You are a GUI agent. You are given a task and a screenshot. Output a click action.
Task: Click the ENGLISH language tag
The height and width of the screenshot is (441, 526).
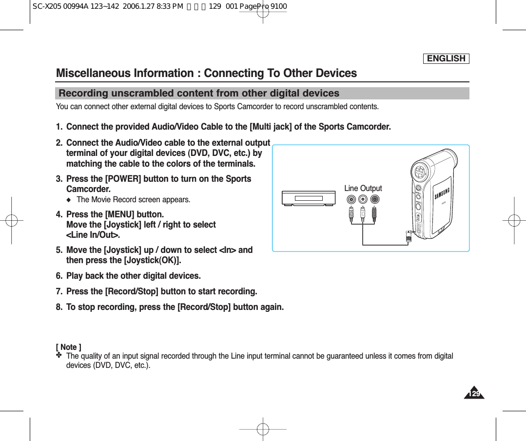point(446,58)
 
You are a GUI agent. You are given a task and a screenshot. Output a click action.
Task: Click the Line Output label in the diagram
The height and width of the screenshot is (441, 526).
point(363,188)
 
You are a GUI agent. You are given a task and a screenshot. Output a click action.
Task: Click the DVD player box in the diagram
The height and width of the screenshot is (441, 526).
point(309,198)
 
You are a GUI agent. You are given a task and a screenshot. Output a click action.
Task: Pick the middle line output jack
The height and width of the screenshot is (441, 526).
point(363,199)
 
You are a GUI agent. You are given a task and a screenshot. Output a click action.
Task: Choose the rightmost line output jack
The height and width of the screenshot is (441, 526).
point(374,199)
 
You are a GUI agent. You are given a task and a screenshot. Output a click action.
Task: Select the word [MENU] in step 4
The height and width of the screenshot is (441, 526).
point(119,214)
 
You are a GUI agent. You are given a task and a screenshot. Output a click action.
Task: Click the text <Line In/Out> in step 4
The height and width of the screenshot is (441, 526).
point(93,235)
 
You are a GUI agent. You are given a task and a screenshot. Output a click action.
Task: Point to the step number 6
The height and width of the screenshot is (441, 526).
point(59,276)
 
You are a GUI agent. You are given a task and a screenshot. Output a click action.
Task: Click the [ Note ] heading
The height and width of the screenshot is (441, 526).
point(69,347)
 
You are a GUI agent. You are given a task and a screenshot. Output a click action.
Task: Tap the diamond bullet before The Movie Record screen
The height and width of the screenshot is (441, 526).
point(68,200)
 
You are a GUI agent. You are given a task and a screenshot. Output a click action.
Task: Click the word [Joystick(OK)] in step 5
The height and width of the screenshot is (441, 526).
point(149,260)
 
